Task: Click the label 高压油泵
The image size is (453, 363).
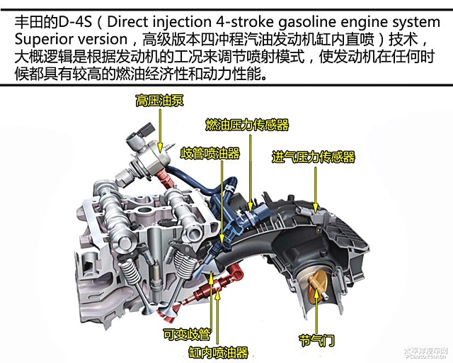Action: tap(159, 101)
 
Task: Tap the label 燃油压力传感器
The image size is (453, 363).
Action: tap(247, 125)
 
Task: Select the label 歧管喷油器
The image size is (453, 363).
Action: tap(210, 153)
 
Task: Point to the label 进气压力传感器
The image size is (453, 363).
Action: tap(314, 157)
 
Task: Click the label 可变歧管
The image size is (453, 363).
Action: tap(187, 335)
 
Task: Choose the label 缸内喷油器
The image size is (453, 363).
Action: tap(219, 352)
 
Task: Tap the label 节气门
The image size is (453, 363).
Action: tap(317, 340)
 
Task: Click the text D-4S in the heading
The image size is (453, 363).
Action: tap(76, 22)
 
